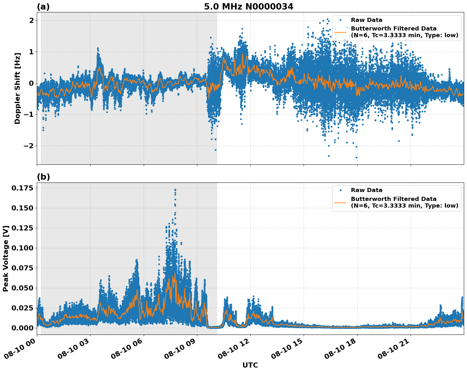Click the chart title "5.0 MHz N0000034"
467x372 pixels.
[248, 7]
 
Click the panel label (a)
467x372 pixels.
[43, 7]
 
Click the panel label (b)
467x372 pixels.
[43, 177]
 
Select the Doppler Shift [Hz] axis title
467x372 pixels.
[17, 88]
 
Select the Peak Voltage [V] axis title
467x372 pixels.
[6, 258]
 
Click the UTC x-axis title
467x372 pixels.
[250, 365]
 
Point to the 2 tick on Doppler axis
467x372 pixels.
[31, 20]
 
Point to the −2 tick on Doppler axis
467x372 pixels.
[29, 146]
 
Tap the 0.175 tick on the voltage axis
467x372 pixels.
[22, 188]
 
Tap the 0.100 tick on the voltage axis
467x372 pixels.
[22, 248]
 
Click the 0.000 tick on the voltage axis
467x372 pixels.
[22, 328]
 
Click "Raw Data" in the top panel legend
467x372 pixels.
[366, 20]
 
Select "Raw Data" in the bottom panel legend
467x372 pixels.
[366, 190]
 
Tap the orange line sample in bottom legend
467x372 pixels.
[340, 202]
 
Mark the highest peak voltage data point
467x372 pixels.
[175, 189]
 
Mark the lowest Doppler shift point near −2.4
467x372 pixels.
[356, 157]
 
